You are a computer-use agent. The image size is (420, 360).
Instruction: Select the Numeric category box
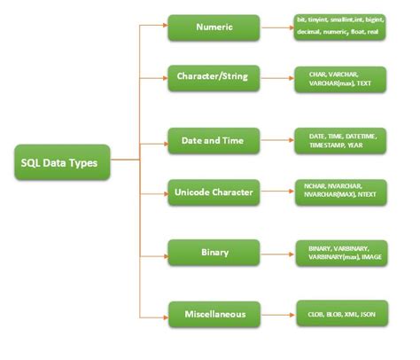pyautogui.click(x=214, y=27)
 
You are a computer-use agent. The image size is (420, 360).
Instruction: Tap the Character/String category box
pyautogui.click(x=214, y=77)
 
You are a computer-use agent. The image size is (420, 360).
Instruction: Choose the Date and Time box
pyautogui.click(x=214, y=140)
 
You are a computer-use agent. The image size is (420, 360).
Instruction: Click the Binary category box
pyautogui.click(x=214, y=252)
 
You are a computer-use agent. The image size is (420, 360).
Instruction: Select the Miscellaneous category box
pyautogui.click(x=214, y=313)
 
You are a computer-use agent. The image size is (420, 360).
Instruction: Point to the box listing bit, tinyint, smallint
pyautogui.click(x=341, y=27)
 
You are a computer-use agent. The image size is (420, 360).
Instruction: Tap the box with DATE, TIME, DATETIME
pyautogui.click(x=341, y=140)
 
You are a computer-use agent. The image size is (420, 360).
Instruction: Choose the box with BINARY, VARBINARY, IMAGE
pyautogui.click(x=341, y=252)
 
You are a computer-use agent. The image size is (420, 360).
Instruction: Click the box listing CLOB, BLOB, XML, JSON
pyautogui.click(x=341, y=313)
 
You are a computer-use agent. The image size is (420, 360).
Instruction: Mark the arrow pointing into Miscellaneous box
pyautogui.click(x=156, y=313)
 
